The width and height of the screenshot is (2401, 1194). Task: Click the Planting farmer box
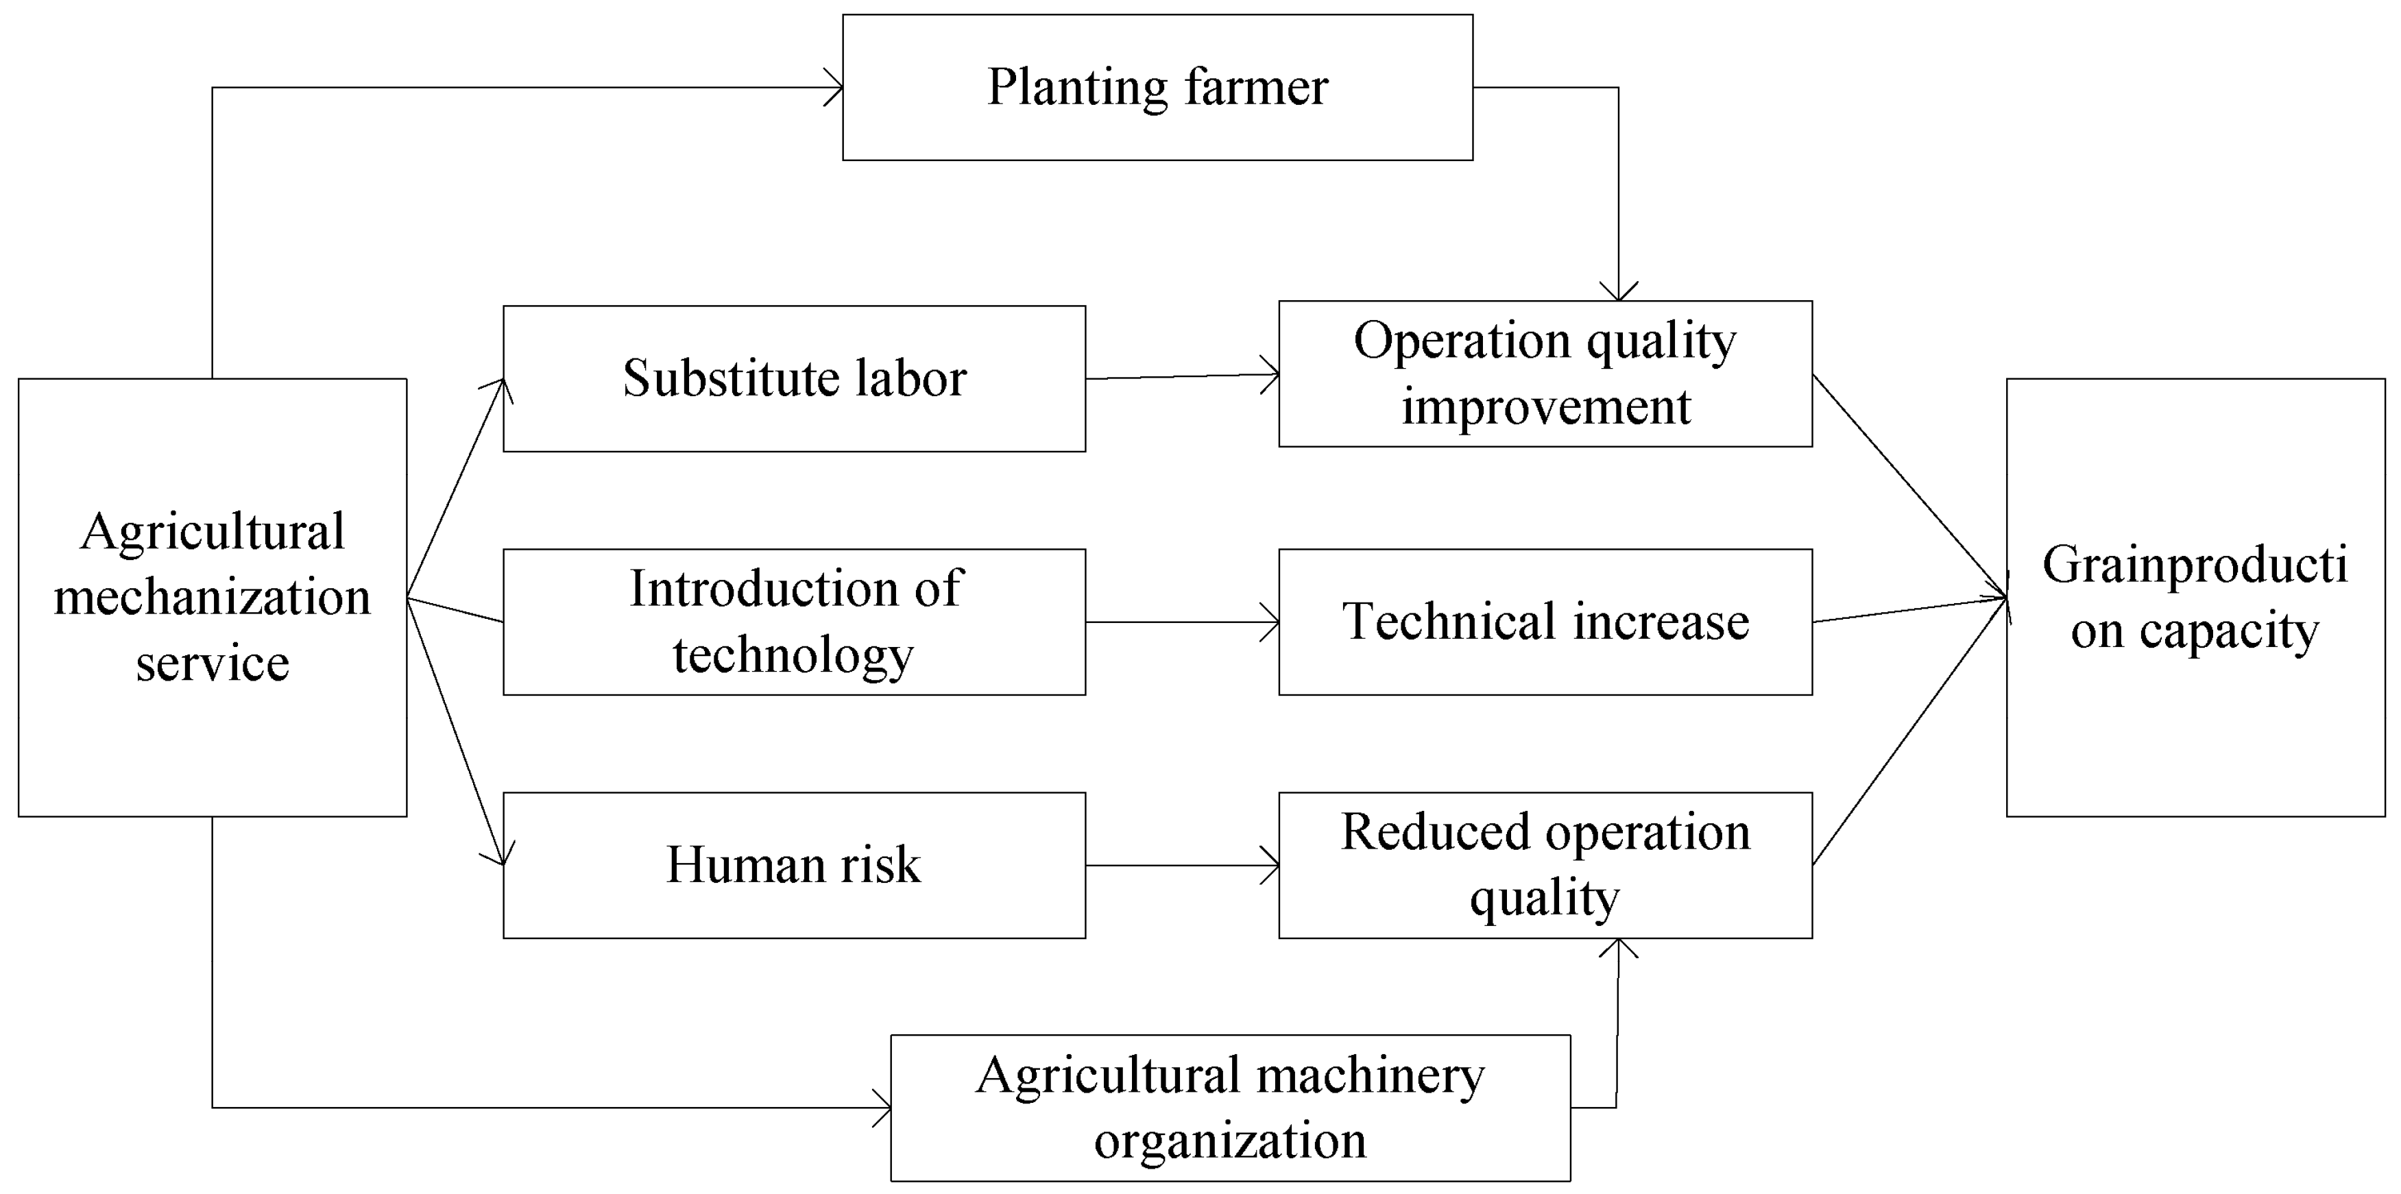pyautogui.click(x=1157, y=88)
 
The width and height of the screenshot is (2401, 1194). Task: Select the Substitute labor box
pyautogui.click(x=794, y=379)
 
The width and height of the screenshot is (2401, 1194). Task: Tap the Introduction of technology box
pyautogui.click(x=794, y=622)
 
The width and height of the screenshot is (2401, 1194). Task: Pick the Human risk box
pyautogui.click(x=794, y=865)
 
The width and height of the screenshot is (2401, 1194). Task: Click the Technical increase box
pyautogui.click(x=1545, y=622)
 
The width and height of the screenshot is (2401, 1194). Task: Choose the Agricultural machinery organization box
pyautogui.click(x=1231, y=1108)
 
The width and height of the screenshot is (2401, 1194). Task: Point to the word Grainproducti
pyautogui.click(x=2195, y=565)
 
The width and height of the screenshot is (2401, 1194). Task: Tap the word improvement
pyautogui.click(x=1546, y=407)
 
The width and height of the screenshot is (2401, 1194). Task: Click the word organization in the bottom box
pyautogui.click(x=1231, y=1141)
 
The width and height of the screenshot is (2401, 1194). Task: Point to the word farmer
pyautogui.click(x=1257, y=88)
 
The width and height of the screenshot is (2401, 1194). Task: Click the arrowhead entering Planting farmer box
pyautogui.click(x=834, y=88)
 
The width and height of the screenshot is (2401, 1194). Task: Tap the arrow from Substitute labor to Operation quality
pyautogui.click(x=1182, y=376)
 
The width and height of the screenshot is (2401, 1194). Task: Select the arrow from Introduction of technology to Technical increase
pyautogui.click(x=1182, y=622)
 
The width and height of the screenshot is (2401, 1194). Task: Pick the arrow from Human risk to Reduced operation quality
pyautogui.click(x=1182, y=865)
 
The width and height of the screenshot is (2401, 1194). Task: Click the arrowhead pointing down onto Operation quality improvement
pyautogui.click(x=1619, y=292)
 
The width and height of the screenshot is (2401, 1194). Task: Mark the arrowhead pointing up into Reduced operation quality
pyautogui.click(x=1619, y=948)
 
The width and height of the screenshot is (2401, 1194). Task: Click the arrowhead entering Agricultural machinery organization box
pyautogui.click(x=882, y=1108)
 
